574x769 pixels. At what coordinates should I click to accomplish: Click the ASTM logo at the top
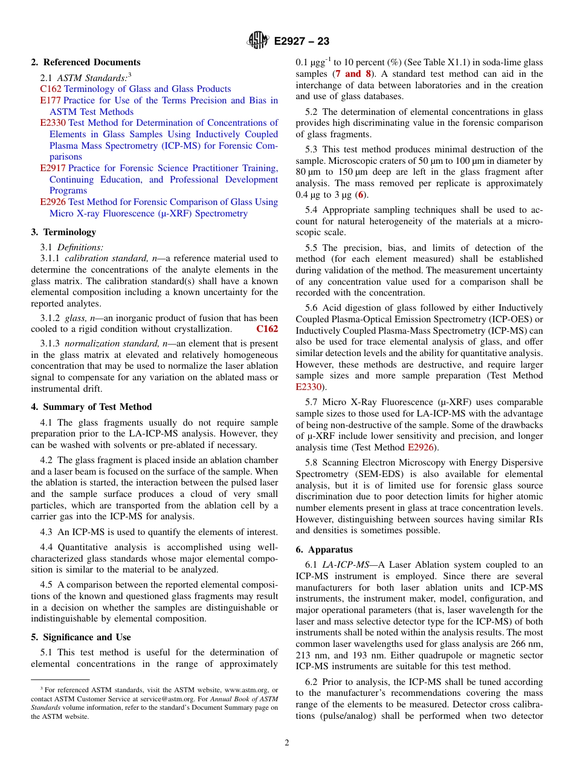[x=258, y=41]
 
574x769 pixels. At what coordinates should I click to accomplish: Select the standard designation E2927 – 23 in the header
[x=302, y=42]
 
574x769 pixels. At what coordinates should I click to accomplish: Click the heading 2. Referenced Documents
[x=86, y=62]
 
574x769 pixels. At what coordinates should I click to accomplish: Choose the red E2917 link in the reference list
[x=53, y=168]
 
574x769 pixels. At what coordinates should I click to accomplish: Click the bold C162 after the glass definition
[x=267, y=329]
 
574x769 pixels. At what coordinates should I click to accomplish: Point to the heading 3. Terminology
[x=63, y=232]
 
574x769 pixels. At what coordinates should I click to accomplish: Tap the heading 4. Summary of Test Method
[x=91, y=407]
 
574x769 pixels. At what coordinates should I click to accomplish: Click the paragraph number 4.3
[x=47, y=532]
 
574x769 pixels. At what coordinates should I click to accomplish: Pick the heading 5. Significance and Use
[x=81, y=637]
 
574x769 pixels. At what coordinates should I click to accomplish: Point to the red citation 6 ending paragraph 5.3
[x=361, y=195]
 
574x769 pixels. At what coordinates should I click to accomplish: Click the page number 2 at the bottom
[x=287, y=743]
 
